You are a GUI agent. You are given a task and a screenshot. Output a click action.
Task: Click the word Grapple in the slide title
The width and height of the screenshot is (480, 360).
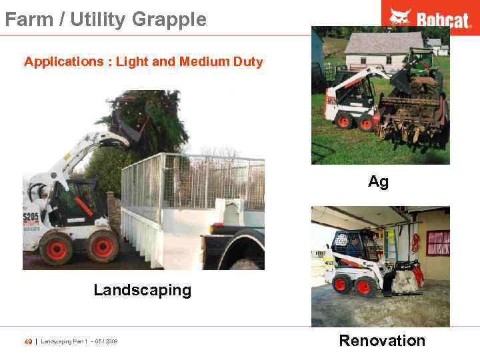[x=169, y=19]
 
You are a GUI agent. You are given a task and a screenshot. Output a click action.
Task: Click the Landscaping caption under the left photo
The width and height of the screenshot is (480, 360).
[x=142, y=290]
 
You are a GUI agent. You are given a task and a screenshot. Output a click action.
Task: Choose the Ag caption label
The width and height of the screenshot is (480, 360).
[x=378, y=181]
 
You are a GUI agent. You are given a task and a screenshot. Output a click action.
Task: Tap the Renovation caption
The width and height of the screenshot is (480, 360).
[x=382, y=341]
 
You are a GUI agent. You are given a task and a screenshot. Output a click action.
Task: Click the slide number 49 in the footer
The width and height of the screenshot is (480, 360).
[x=28, y=342]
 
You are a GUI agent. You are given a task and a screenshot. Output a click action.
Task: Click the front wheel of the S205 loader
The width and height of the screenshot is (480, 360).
[x=103, y=247]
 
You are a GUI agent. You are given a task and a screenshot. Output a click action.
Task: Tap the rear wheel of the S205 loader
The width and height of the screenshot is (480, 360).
[x=56, y=249]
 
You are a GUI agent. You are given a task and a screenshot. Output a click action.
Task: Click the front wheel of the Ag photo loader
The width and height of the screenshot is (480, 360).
[x=365, y=123]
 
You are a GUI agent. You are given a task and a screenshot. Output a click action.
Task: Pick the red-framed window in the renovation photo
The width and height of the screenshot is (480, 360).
[x=437, y=243]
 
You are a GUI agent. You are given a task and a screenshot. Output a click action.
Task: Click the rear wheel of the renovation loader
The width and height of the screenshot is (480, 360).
[x=341, y=285]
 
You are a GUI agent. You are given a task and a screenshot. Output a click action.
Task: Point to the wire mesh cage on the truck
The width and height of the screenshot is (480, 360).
[x=193, y=180]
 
